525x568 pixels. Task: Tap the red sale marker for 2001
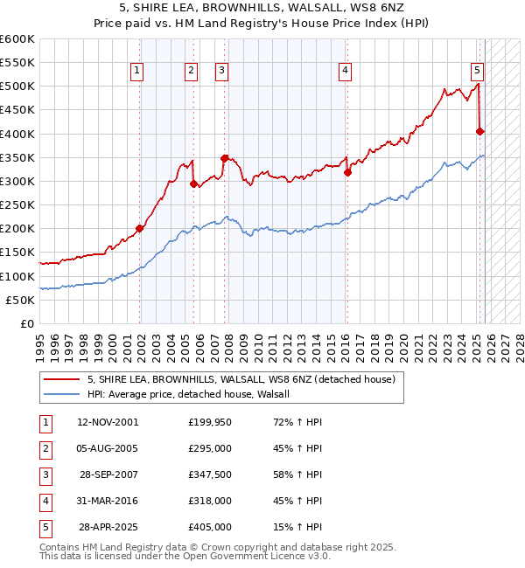[140, 228]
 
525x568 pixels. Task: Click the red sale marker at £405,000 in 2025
[479, 131]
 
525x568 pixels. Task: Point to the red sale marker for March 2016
[347, 172]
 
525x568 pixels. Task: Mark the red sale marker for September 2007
[225, 158]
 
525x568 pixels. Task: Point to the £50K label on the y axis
[20, 300]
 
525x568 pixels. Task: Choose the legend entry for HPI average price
[194, 394]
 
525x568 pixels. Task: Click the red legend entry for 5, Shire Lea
[241, 379]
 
